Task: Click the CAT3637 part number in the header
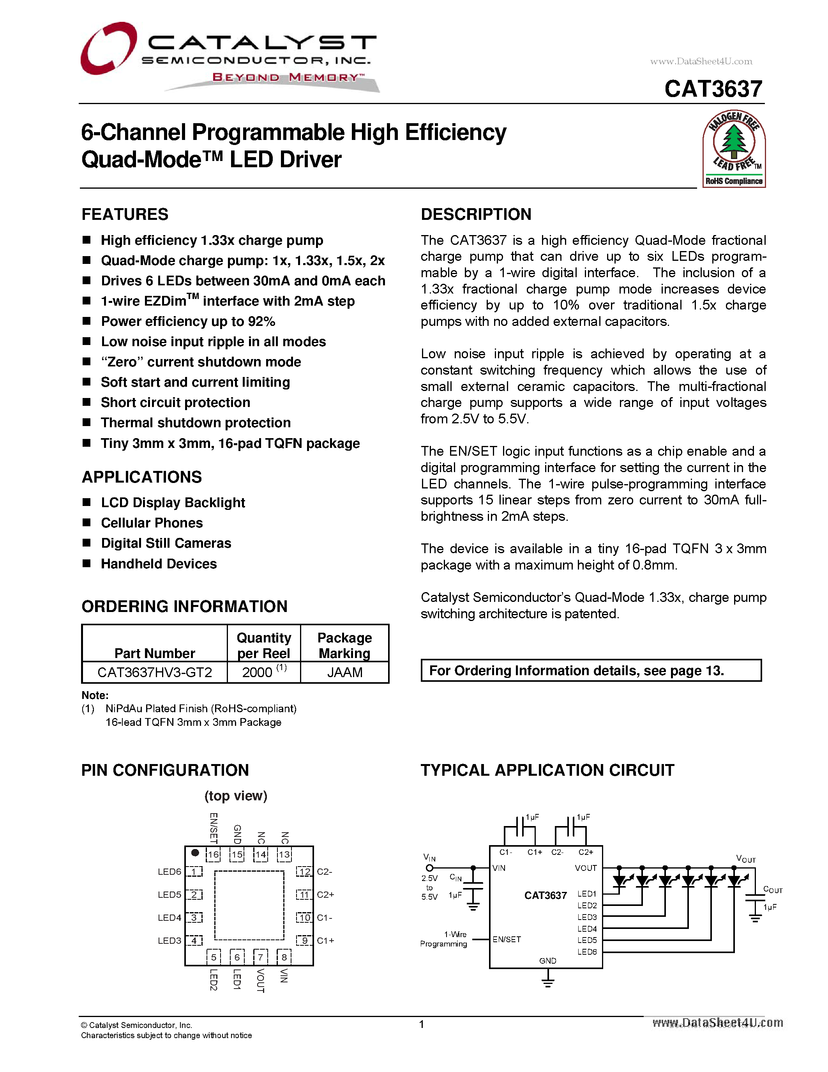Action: [713, 89]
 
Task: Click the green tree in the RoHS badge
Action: [733, 142]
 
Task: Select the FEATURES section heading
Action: [125, 214]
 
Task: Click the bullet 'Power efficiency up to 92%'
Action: [188, 322]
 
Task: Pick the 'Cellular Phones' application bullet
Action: [152, 523]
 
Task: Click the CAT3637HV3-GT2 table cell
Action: [155, 672]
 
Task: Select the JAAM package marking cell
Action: [344, 672]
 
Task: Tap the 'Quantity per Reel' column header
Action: [263, 645]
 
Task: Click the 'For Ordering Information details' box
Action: [591, 670]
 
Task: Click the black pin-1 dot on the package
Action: [195, 853]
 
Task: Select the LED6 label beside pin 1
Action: [169, 872]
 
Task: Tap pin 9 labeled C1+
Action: [305, 941]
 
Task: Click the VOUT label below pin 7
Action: [260, 980]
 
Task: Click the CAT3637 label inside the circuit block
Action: [545, 895]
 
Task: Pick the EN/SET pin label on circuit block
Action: [507, 939]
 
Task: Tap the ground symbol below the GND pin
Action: [547, 982]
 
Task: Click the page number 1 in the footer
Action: [421, 1024]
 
